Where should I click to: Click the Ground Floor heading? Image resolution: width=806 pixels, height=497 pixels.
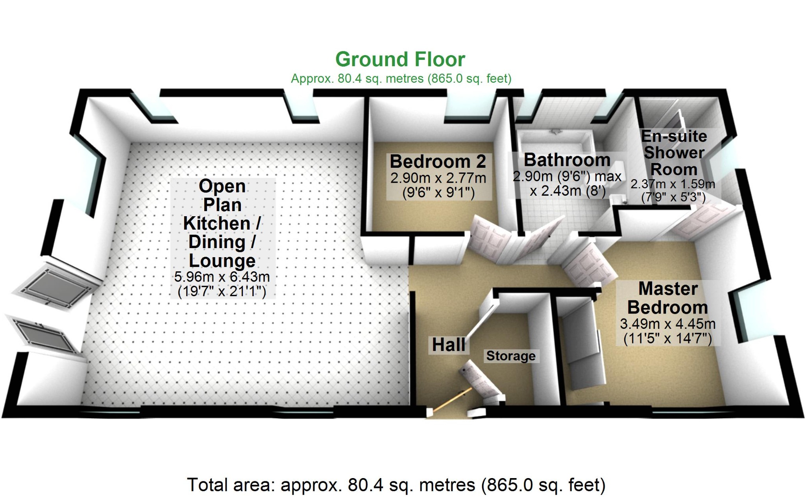[x=400, y=60]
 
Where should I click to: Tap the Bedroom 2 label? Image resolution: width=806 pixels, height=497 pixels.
[x=438, y=162]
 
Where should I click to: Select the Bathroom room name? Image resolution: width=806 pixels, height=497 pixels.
[x=567, y=160]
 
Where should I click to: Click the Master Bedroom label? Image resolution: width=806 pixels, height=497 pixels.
[x=667, y=298]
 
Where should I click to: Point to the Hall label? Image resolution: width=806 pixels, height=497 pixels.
[x=448, y=345]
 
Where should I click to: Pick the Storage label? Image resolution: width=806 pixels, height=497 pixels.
[x=511, y=356]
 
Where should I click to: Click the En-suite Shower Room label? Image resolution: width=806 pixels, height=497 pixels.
[x=674, y=153]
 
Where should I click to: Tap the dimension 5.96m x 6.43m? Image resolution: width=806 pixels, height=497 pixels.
[x=222, y=277]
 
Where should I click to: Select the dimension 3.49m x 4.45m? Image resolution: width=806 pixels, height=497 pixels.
[x=667, y=324]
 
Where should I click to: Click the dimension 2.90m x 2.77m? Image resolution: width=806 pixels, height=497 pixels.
[x=438, y=178]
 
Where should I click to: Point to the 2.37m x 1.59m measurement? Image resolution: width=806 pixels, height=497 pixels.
[x=673, y=184]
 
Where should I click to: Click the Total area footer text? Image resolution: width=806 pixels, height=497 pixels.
[x=396, y=485]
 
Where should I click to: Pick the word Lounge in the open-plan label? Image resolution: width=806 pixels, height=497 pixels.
[x=222, y=261]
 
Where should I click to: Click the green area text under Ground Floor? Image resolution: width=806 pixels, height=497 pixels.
[x=401, y=79]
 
